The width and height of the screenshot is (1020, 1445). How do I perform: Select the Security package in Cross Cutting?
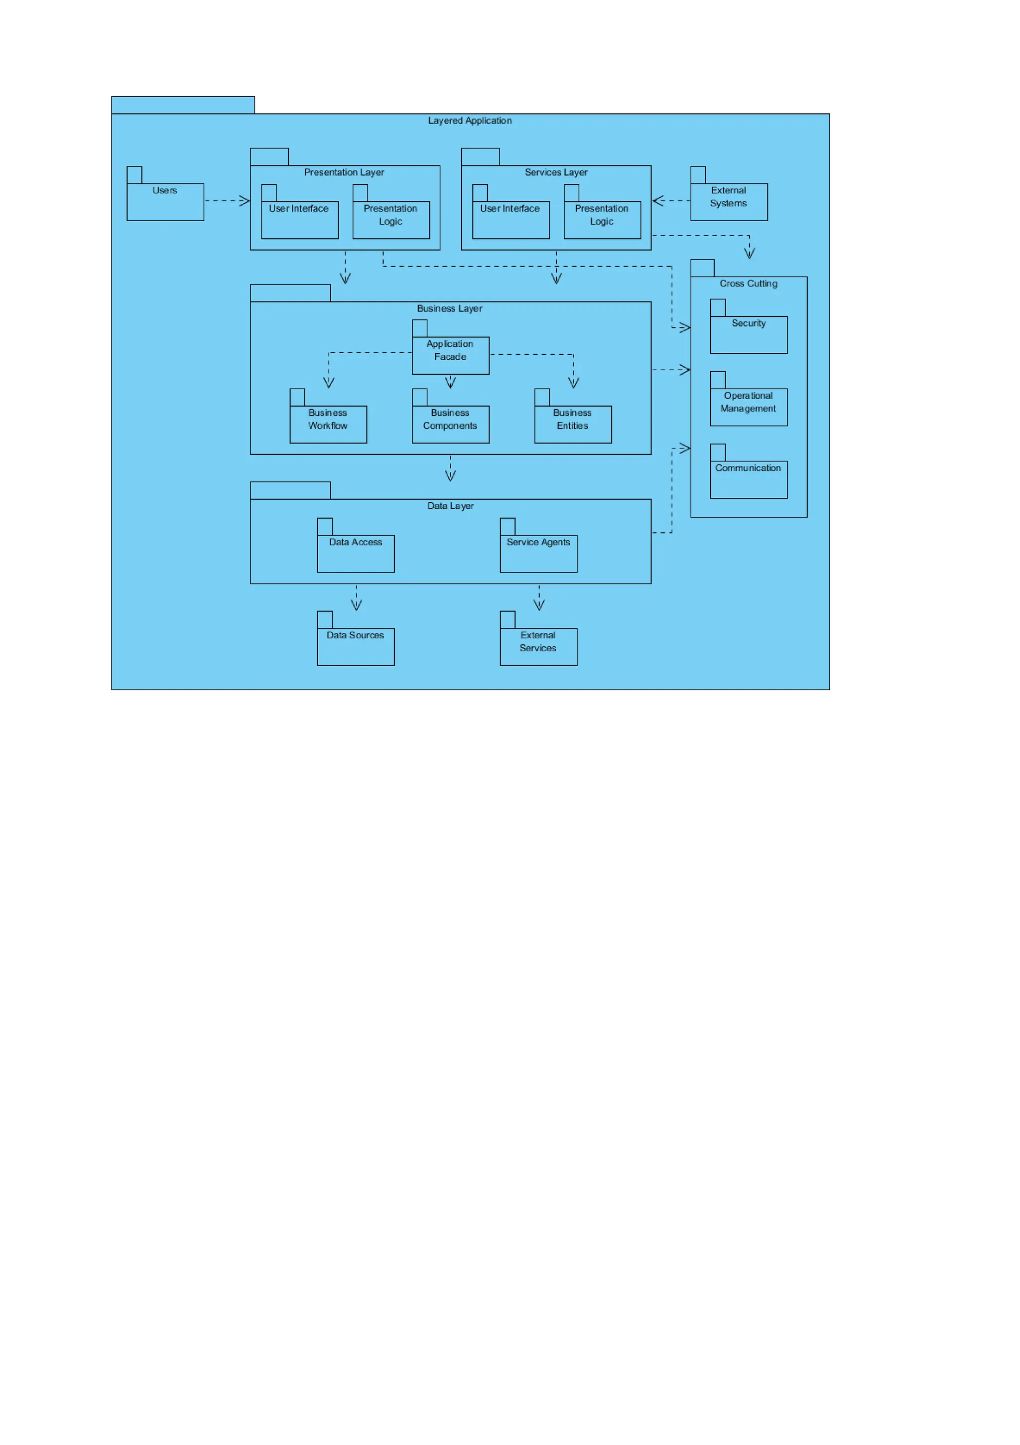click(748, 334)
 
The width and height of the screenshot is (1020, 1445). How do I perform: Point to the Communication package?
click(748, 479)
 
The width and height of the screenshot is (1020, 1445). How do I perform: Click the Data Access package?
click(356, 553)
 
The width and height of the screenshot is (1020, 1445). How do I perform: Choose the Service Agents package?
click(538, 553)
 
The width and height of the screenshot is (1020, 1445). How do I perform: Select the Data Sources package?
click(356, 646)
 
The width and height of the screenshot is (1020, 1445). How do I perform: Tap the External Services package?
click(538, 646)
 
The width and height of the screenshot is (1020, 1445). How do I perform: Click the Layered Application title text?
click(470, 120)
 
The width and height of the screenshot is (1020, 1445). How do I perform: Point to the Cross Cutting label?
click(748, 283)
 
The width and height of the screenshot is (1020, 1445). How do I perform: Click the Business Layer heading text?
click(449, 308)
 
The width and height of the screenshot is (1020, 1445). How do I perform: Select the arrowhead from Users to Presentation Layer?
click(245, 201)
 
